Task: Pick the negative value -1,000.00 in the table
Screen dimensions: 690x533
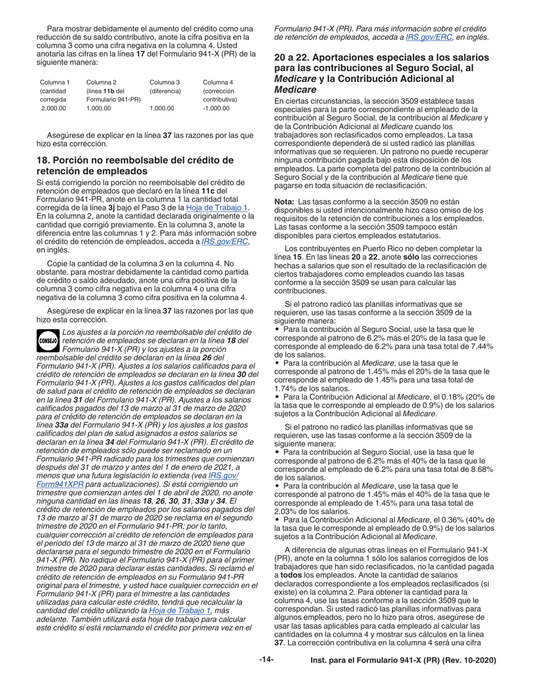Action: click(216, 108)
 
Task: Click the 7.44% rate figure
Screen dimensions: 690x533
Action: click(479, 346)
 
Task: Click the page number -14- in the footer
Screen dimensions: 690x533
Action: click(266, 660)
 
